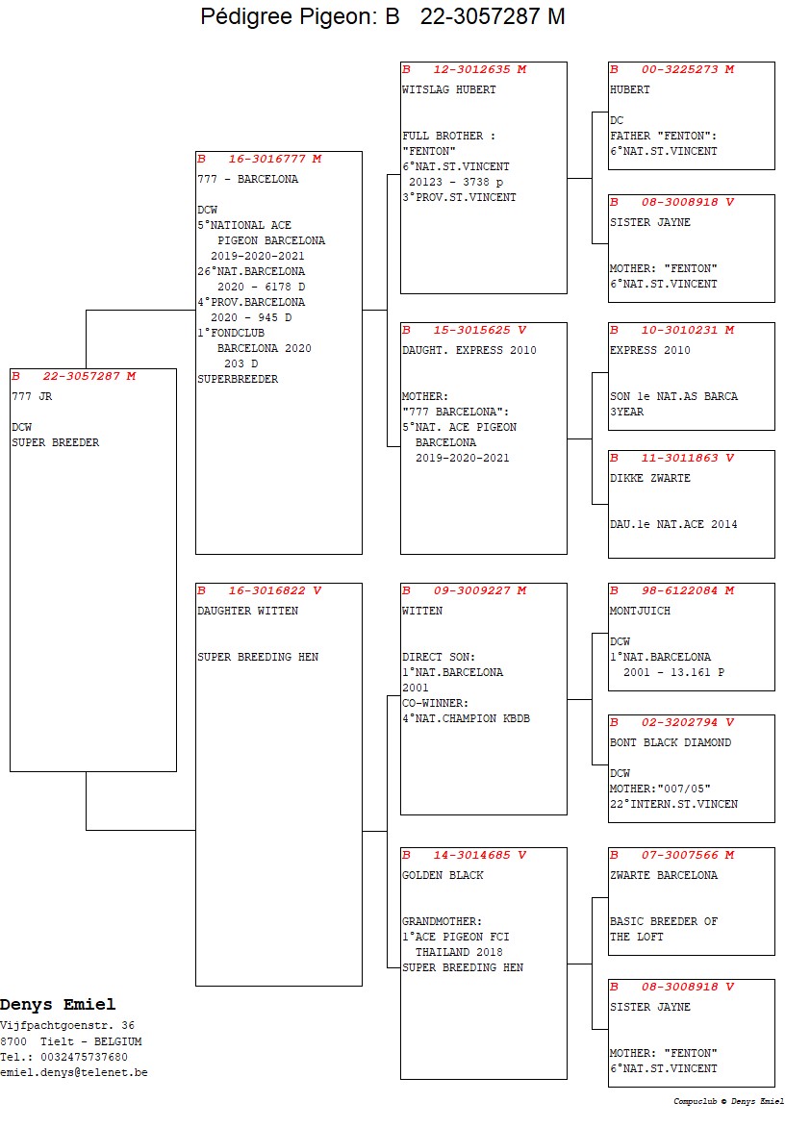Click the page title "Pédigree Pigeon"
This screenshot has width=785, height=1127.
click(x=292, y=16)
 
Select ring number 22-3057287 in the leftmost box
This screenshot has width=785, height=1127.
click(x=89, y=376)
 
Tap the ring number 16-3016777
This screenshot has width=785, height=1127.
click(x=274, y=159)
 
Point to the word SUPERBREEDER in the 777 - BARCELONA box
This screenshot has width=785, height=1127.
click(x=238, y=379)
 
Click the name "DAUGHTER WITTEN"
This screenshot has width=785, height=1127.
click(x=247, y=611)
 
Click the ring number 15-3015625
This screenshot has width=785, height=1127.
click(x=479, y=330)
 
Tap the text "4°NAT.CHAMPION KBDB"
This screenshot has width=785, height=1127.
click(x=466, y=718)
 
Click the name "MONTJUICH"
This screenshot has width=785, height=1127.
click(x=640, y=611)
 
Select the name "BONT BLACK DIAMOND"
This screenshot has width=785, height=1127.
click(x=670, y=742)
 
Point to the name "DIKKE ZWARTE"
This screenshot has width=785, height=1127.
click(x=649, y=478)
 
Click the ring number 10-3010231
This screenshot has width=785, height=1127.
click(x=687, y=330)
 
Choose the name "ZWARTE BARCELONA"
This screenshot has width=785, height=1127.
click(x=663, y=875)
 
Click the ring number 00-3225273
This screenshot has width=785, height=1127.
click(x=687, y=69)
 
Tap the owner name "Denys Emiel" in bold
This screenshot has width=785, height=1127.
click(x=58, y=1005)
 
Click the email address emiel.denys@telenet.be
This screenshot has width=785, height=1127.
click(x=74, y=1072)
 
